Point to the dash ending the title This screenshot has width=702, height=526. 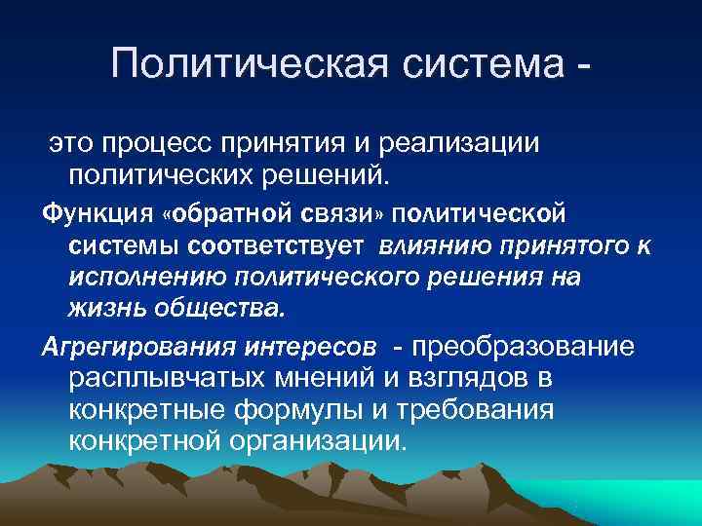[x=583, y=66]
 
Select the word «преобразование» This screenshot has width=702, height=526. [x=526, y=347]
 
